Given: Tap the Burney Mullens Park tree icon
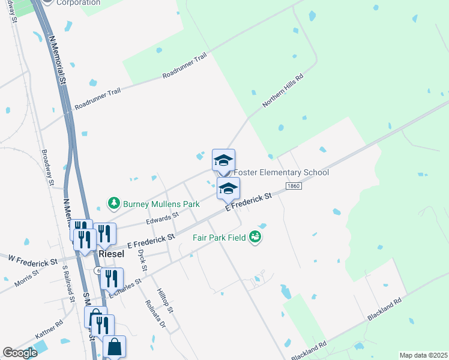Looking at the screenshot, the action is (113, 204).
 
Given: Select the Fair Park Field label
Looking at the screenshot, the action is (220, 238).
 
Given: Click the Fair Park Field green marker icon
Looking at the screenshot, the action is (256, 237).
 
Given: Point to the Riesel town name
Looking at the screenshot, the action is (111, 254).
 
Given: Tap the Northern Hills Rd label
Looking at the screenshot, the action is (283, 91).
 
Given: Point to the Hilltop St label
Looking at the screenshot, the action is (165, 301).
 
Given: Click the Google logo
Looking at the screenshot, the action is (20, 353).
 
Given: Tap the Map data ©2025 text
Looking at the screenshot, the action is (423, 355).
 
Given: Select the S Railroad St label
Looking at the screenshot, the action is (68, 285).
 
